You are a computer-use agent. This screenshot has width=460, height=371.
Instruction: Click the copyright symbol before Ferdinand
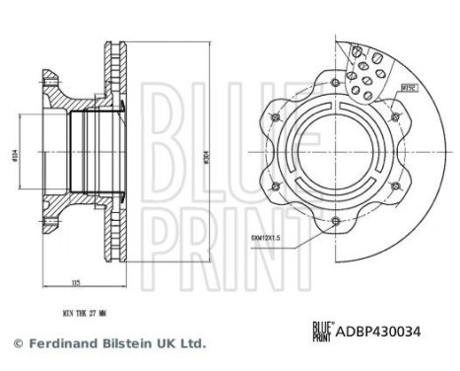pyautogui.click(x=16, y=343)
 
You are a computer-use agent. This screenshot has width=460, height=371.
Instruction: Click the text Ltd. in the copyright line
pyautogui.click(x=190, y=343)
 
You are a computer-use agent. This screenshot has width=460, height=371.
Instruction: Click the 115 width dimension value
pyautogui.click(x=76, y=283)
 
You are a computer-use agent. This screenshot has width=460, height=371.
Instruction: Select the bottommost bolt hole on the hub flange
pyautogui.click(x=335, y=220)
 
